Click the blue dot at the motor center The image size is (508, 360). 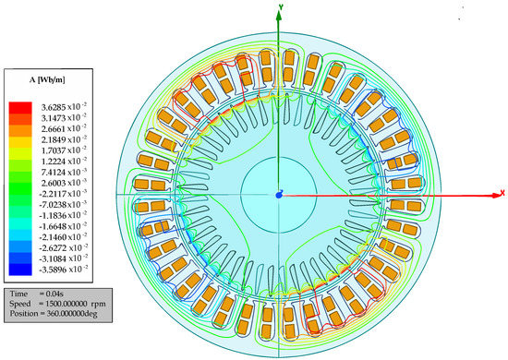click(x=278, y=195)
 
